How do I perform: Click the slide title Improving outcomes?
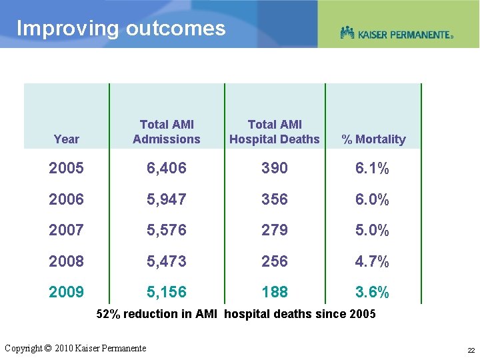[121, 29]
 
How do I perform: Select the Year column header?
[66, 139]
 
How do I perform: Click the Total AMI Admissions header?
[167, 132]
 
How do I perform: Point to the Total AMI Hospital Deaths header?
[275, 132]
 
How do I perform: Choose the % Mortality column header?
[373, 139]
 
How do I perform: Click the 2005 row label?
[66, 169]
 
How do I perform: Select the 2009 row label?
[66, 292]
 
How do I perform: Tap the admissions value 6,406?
[167, 169]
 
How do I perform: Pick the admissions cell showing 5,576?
[167, 231]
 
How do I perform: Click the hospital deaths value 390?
[275, 169]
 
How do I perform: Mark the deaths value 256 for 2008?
[275, 261]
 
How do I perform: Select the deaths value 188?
[275, 292]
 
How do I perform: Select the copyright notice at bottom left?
[75, 348]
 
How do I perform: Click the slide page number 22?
[471, 350]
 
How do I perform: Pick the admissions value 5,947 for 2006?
[167, 199]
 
